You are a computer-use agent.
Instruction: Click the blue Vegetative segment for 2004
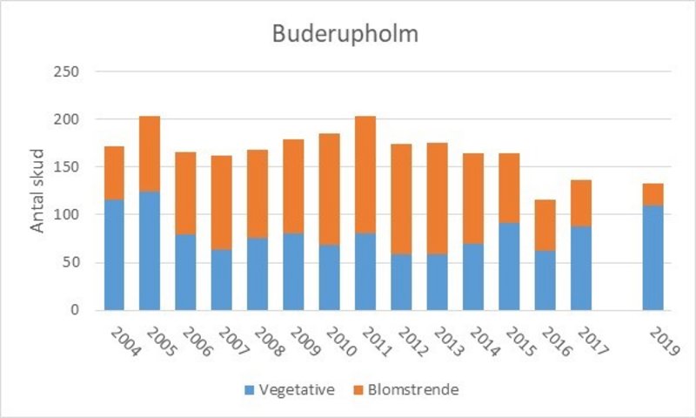coord(114,254)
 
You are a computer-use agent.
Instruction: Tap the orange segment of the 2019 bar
coord(652,193)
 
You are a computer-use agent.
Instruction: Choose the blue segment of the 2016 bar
coord(545,280)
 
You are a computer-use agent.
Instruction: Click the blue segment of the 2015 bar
coord(509,266)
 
